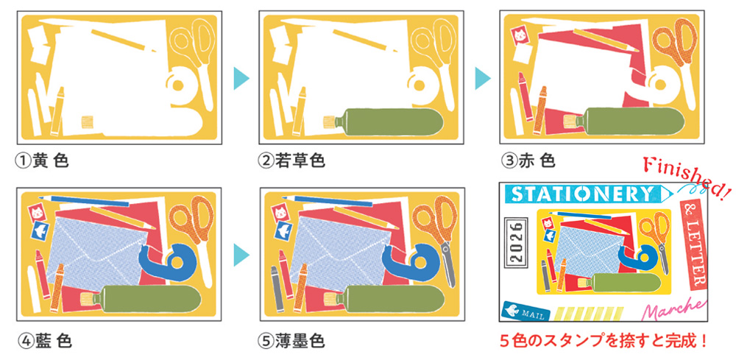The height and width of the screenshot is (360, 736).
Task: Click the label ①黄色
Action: click(x=42, y=161)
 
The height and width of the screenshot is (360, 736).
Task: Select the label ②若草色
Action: click(x=291, y=161)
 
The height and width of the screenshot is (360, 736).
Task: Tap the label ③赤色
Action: click(x=528, y=161)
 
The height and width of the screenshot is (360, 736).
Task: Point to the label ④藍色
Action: click(x=45, y=340)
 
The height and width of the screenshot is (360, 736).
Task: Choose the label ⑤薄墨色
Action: click(x=291, y=340)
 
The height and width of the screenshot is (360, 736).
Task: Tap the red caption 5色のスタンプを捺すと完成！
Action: click(x=603, y=340)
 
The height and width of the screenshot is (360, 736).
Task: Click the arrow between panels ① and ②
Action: click(x=241, y=78)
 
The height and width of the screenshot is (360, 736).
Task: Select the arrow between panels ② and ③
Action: click(x=483, y=78)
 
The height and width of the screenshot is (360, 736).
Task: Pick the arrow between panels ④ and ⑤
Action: click(x=241, y=257)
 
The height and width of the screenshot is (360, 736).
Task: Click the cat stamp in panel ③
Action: click(x=520, y=35)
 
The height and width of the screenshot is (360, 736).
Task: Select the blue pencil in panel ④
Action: click(x=84, y=201)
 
